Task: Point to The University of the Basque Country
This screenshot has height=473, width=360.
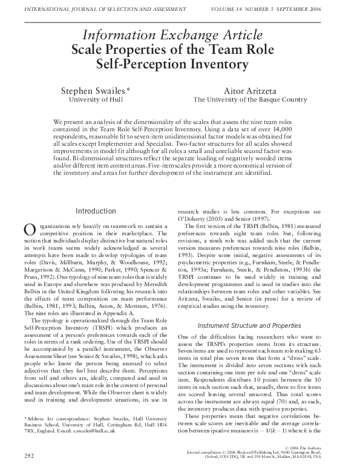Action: [250, 100]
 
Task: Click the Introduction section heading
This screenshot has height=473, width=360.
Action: [96, 211]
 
